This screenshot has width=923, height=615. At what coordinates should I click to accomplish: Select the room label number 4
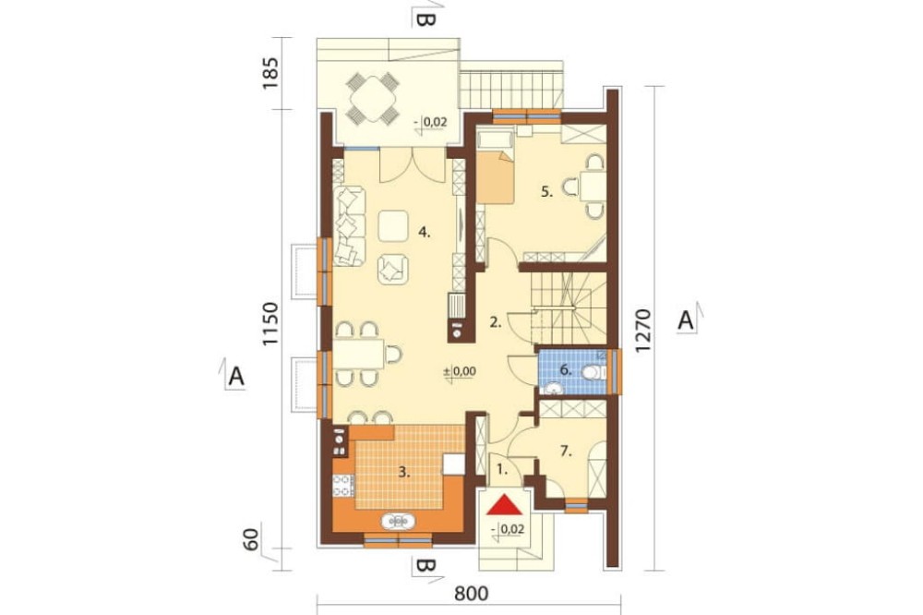[425, 233]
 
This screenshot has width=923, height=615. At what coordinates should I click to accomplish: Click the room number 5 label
[546, 191]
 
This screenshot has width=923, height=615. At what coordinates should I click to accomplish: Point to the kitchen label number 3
[404, 472]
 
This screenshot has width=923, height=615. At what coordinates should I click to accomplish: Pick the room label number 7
[566, 452]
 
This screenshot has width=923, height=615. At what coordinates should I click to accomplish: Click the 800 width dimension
[472, 594]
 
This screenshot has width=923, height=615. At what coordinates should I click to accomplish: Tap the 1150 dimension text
[270, 325]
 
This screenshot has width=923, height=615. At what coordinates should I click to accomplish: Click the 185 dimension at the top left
[270, 73]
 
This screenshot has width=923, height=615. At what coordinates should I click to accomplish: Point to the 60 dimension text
[252, 540]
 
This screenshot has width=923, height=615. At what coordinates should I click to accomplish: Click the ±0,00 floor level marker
[460, 372]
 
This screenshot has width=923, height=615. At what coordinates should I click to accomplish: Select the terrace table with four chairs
[372, 98]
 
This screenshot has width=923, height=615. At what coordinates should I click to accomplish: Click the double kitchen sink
[398, 522]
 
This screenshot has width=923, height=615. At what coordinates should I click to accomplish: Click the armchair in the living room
[392, 270]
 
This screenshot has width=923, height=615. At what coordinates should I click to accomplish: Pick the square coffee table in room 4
[392, 225]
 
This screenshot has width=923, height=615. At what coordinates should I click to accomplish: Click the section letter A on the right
[685, 321]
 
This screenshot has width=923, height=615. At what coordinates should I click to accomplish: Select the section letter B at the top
[426, 19]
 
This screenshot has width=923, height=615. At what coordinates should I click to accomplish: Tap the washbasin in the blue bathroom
[552, 389]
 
